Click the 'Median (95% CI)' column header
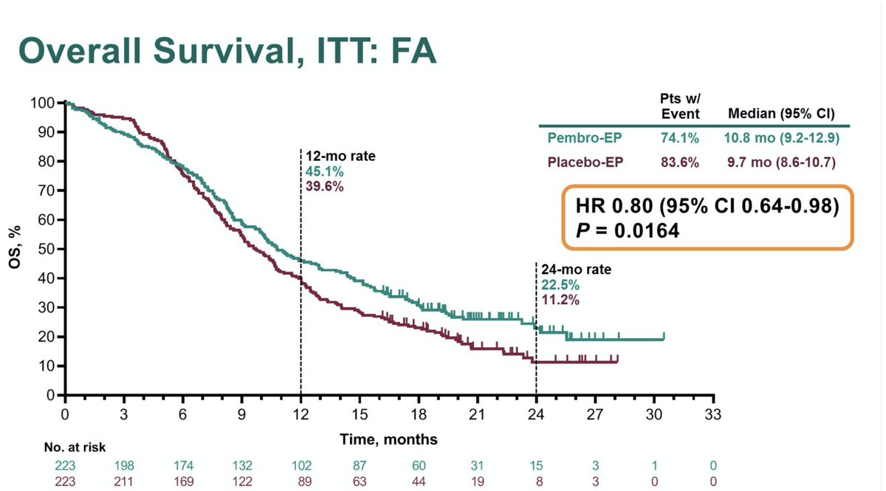(780, 114)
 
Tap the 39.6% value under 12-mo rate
(325, 186)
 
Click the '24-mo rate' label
(571, 270)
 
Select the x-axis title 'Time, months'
(388, 440)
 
